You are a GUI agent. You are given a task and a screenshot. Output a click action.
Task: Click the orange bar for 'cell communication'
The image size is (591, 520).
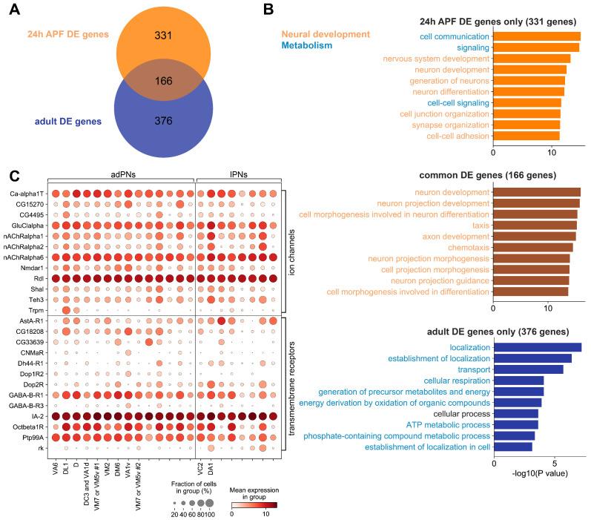[536, 36]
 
